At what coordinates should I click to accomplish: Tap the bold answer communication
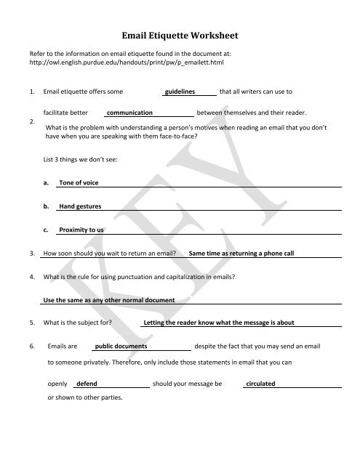pos(129,114)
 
